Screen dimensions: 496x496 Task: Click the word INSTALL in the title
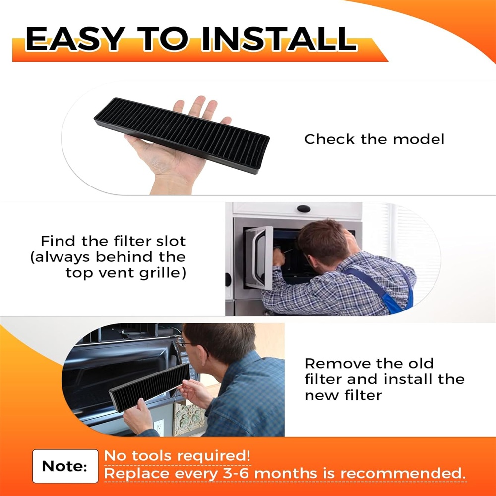(279, 39)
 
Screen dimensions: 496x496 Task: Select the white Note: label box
(65, 466)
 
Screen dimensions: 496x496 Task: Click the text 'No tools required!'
(177, 456)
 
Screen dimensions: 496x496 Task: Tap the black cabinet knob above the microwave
(304, 209)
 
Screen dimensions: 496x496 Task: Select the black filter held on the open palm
(182, 135)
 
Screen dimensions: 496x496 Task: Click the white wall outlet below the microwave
(159, 428)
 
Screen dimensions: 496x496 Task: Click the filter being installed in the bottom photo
(150, 387)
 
